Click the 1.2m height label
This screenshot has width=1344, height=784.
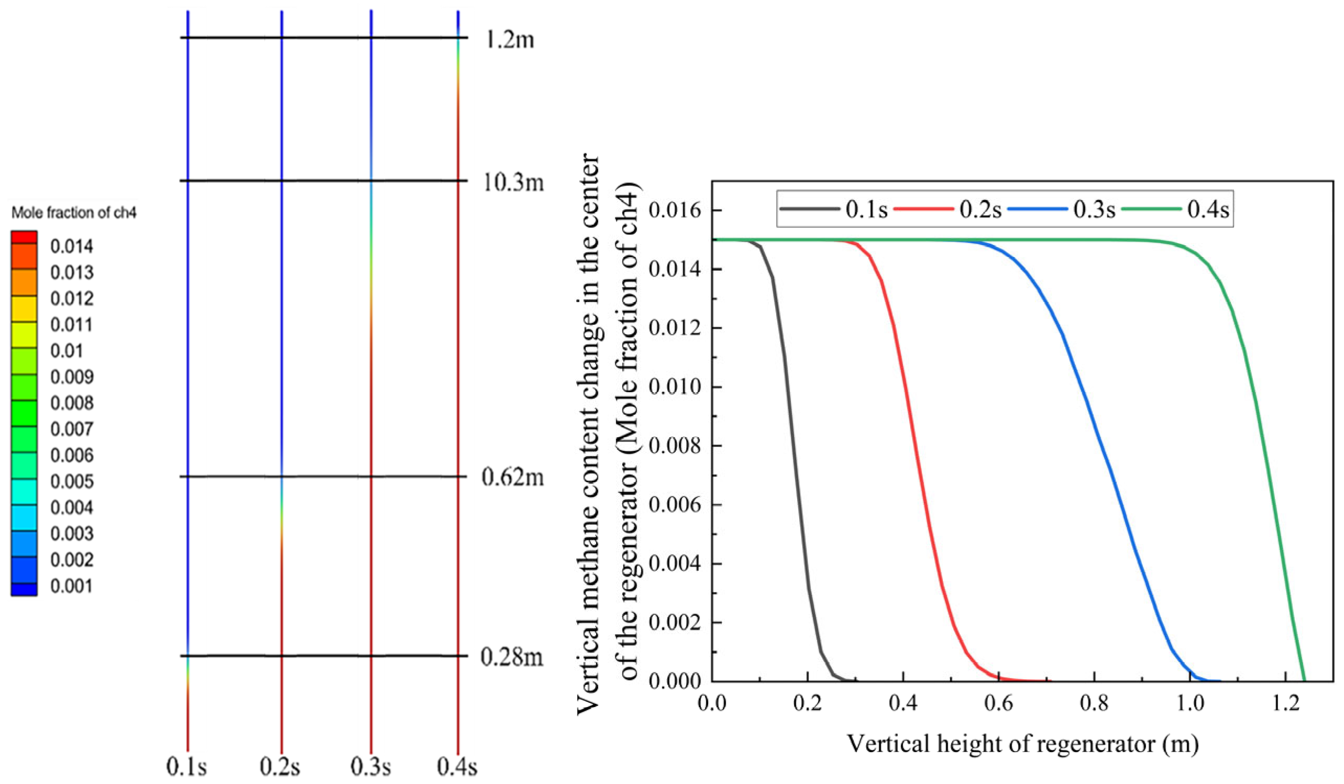509,39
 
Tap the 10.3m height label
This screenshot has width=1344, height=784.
513,183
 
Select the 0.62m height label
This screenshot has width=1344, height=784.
512,477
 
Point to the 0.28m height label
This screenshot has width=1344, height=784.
511,656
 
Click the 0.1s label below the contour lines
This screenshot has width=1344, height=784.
187,767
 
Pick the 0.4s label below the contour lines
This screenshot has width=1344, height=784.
457,767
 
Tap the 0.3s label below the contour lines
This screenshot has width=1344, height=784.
371,767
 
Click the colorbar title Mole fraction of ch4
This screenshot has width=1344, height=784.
74,213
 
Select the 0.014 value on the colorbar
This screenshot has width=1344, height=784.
72,247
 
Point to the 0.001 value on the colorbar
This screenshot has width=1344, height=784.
72,586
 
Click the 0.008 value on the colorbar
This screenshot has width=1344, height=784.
72,403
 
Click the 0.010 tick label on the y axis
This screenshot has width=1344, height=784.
674,387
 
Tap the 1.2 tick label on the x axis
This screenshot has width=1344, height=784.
1285,703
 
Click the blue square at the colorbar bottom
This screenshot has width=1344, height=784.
24,589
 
